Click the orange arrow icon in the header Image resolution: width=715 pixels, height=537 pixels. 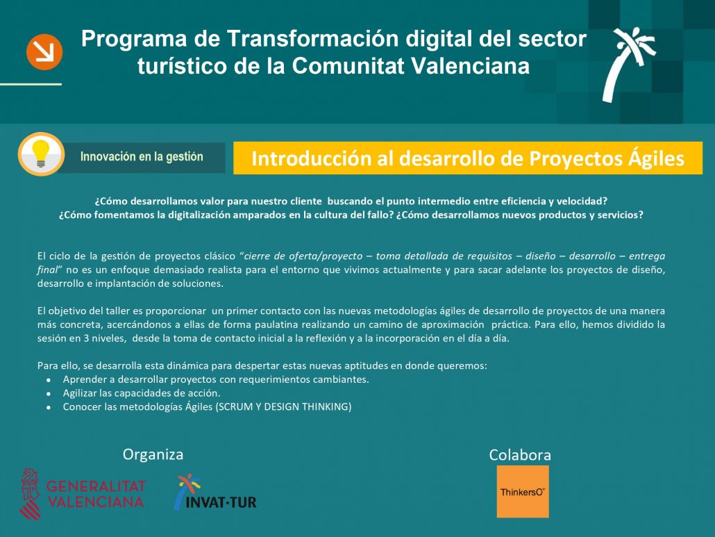[x=44, y=52]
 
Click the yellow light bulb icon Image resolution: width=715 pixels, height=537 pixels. [x=40, y=154]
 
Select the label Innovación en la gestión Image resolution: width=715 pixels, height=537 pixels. [x=142, y=156]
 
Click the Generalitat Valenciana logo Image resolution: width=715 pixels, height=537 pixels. [x=83, y=494]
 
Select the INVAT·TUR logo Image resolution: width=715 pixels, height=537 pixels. [x=215, y=493]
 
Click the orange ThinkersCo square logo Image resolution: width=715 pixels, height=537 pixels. [x=523, y=491]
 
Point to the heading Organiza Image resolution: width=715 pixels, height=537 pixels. [x=153, y=455]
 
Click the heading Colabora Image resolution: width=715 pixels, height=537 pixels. [x=520, y=455]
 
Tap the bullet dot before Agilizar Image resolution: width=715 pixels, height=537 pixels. [x=49, y=393]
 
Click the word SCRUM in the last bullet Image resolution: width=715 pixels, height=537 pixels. [x=235, y=406]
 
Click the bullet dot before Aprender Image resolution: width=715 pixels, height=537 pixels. [x=49, y=379]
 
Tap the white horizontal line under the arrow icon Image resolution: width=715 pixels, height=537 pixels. [x=31, y=84]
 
